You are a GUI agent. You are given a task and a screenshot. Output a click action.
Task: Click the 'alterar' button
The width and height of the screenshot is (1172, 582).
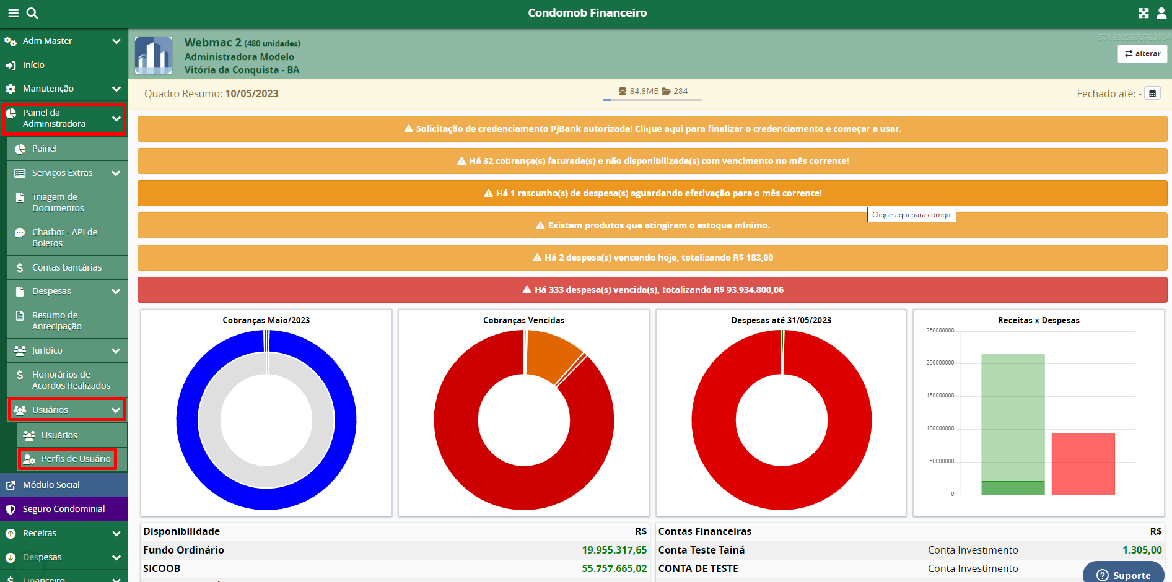[x=1142, y=54]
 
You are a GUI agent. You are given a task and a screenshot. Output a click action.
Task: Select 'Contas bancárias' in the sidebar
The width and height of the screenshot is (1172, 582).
[x=66, y=267]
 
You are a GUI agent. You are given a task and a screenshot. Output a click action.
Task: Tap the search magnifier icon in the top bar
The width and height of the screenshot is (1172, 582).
[x=32, y=13]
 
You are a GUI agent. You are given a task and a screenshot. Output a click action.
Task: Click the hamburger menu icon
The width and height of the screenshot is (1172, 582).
[x=13, y=13]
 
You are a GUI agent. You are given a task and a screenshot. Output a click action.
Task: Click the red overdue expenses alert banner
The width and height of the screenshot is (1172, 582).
[x=652, y=290]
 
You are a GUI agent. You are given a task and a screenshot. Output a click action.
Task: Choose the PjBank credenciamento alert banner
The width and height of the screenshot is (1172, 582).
[x=652, y=129]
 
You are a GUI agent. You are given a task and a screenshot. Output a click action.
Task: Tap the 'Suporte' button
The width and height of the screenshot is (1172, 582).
[x=1123, y=575]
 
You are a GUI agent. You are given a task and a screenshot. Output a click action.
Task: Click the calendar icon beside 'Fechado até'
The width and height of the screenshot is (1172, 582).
[x=1152, y=93]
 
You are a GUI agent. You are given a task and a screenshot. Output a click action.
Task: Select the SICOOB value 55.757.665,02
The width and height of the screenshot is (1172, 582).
[x=614, y=568]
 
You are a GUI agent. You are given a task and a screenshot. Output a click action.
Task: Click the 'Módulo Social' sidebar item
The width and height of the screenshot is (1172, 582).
[x=51, y=485]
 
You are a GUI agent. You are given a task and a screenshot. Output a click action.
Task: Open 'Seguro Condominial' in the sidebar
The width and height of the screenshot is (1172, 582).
[x=64, y=509]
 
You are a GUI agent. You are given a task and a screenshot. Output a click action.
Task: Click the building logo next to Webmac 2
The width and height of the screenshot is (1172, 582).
[x=154, y=55]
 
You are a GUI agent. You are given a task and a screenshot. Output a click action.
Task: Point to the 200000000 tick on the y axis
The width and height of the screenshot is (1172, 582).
[x=940, y=363]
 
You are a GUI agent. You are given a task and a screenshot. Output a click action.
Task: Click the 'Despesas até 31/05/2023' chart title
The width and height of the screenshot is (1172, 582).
[x=781, y=320]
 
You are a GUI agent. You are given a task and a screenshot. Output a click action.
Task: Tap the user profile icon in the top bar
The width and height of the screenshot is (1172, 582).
[x=1161, y=13]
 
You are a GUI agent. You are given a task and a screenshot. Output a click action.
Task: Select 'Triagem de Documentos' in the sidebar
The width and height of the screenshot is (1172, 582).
[x=58, y=202]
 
